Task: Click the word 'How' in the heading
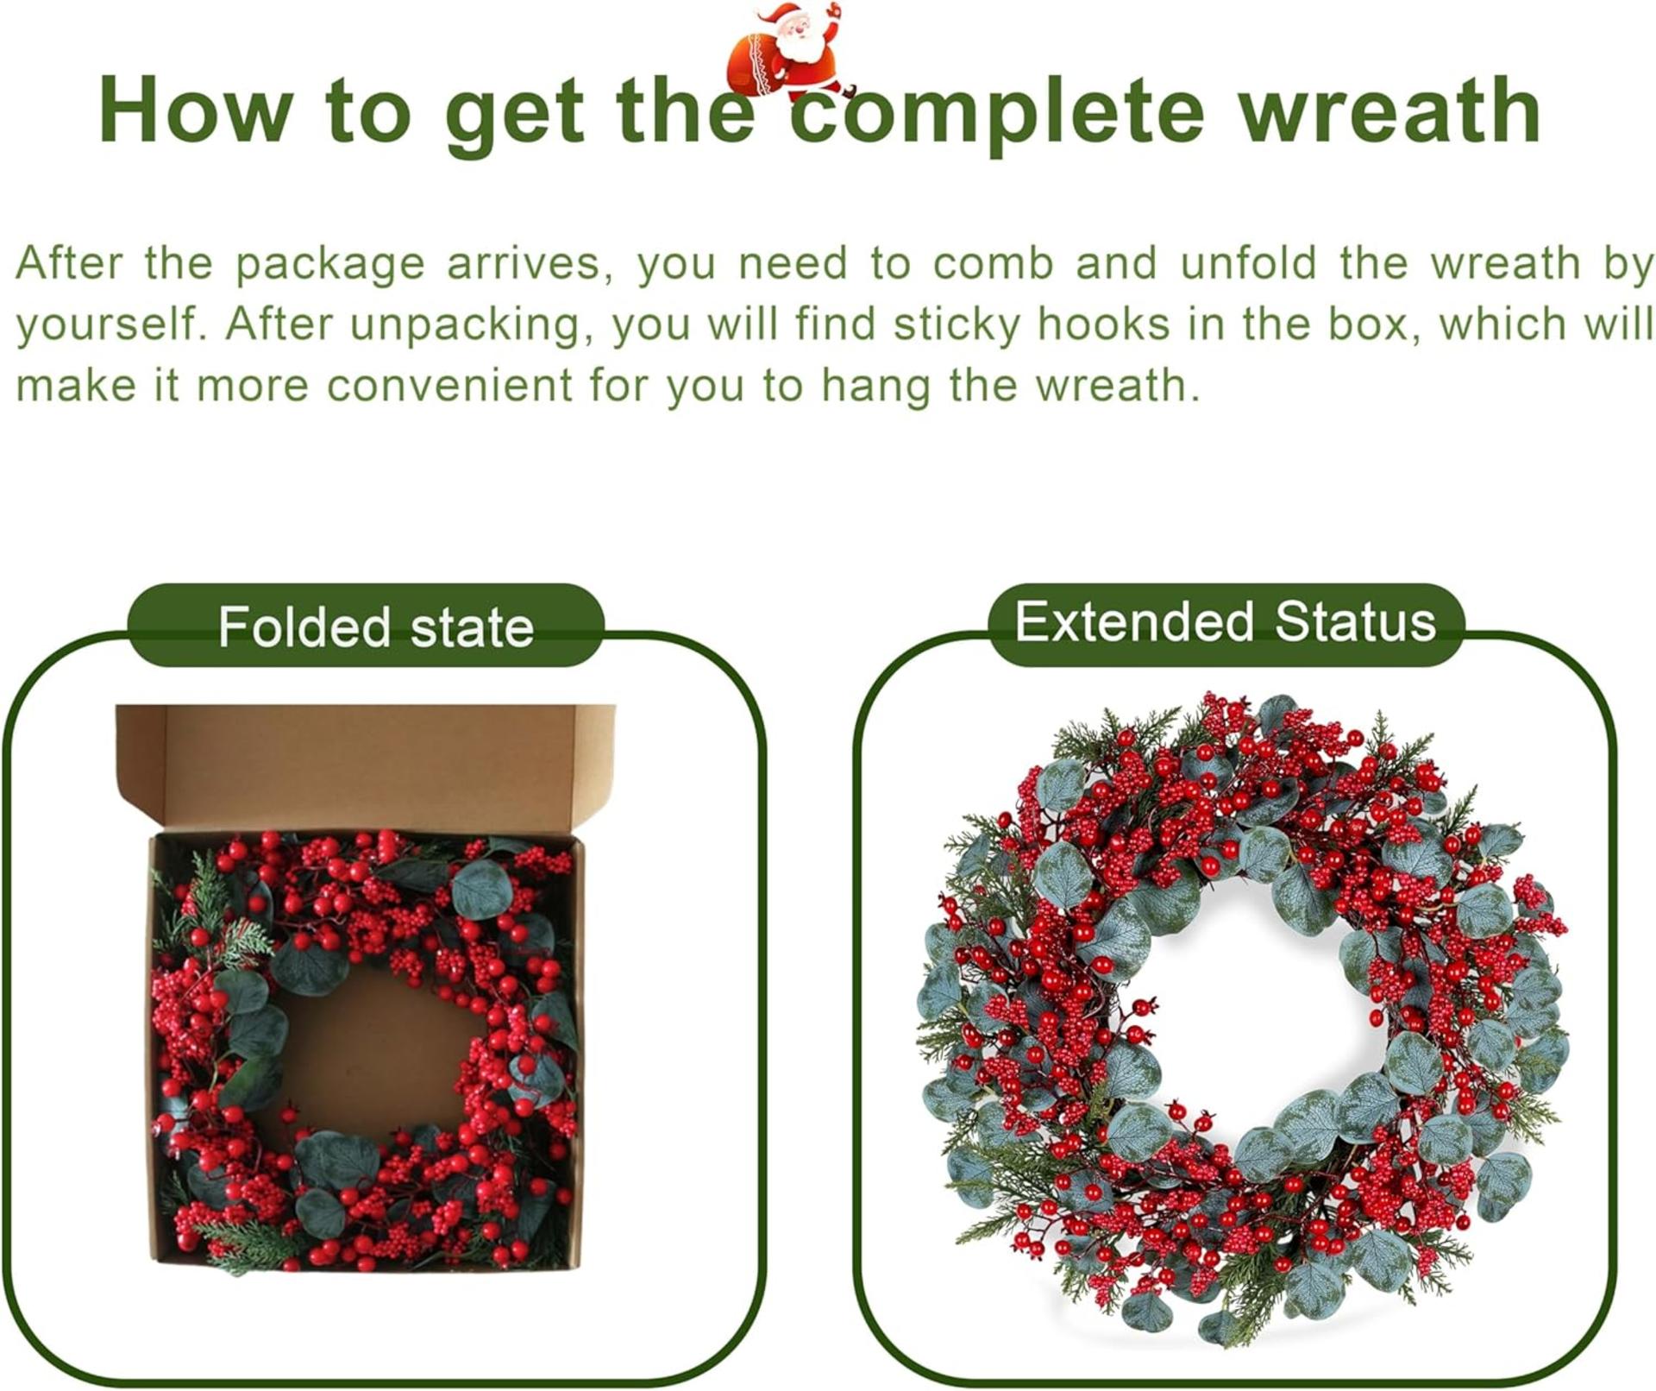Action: [x=195, y=110]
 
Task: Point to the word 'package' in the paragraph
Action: [x=329, y=263]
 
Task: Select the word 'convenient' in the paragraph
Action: [x=449, y=385]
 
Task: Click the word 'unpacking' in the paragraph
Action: [x=471, y=325]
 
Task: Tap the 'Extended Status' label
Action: [x=1225, y=622]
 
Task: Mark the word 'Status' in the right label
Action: [x=1355, y=622]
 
